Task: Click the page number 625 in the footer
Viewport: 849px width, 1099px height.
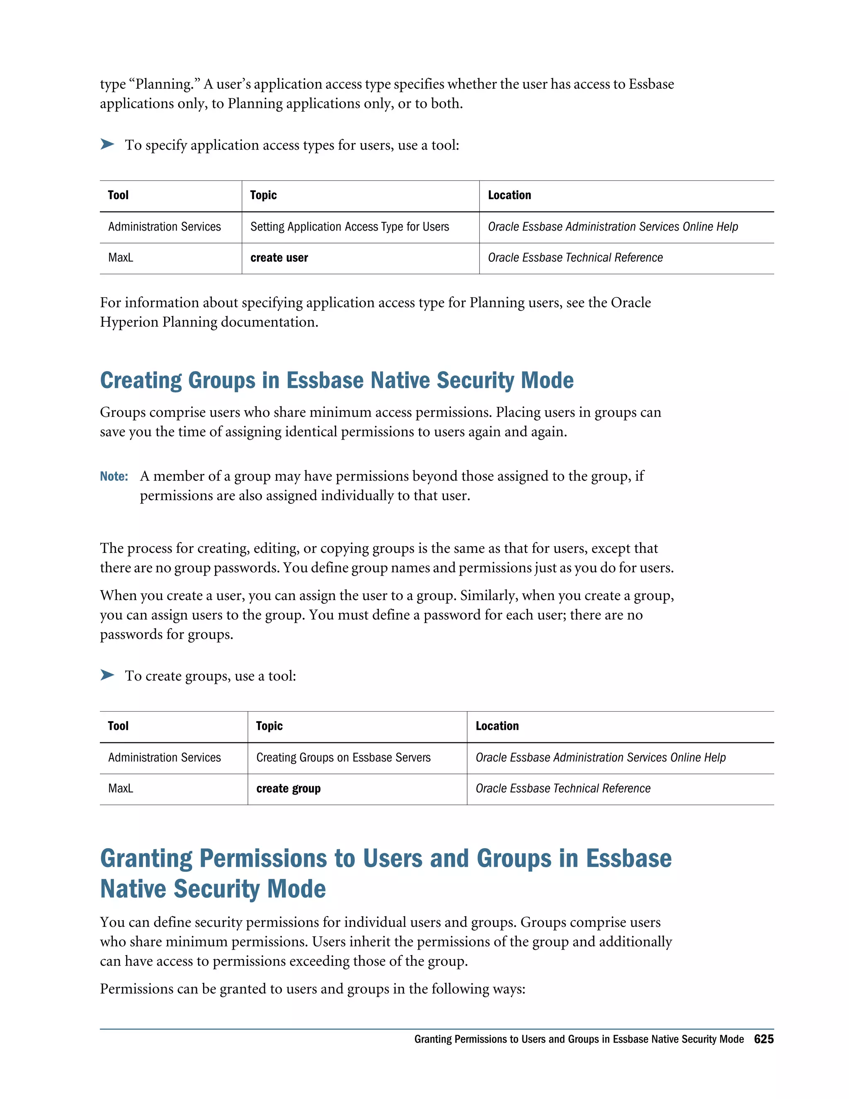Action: click(763, 1038)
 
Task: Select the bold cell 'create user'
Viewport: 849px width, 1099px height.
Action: click(279, 258)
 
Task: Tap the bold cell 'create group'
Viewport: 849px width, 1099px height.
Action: click(288, 788)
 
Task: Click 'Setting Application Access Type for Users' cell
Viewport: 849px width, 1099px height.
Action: click(349, 227)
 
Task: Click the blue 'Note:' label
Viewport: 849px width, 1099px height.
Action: click(114, 476)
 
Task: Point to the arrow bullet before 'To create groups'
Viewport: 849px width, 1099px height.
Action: click(107, 675)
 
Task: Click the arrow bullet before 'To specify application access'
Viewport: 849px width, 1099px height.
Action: click(107, 144)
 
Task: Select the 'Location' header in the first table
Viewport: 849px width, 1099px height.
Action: click(509, 195)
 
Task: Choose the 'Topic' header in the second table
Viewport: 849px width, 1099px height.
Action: click(269, 726)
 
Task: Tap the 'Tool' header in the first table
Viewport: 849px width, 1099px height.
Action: click(118, 195)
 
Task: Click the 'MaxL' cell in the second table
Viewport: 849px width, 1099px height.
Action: click(121, 788)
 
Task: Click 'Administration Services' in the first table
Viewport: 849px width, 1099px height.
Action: click(165, 227)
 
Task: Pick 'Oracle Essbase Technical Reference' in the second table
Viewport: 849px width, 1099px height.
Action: click(563, 788)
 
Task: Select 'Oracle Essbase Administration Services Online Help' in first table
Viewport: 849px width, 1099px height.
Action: click(613, 227)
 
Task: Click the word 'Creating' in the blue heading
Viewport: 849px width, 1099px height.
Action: click(141, 380)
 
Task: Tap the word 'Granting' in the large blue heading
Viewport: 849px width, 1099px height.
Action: click(146, 858)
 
